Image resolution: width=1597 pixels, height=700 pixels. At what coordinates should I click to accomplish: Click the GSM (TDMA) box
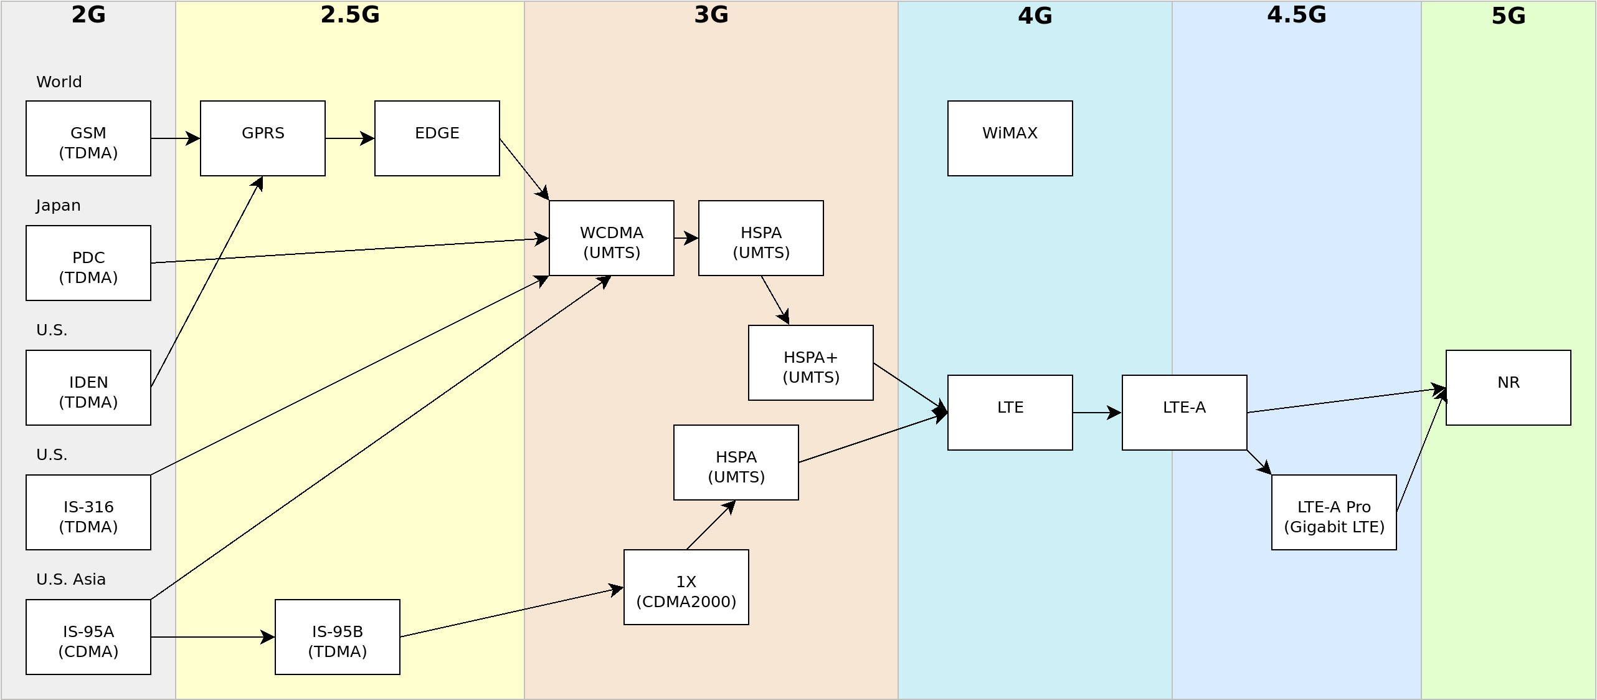pos(88,138)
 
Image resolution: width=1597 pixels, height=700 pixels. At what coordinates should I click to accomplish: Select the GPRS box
pos(262,138)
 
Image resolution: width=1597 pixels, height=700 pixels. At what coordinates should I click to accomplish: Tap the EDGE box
pos(437,138)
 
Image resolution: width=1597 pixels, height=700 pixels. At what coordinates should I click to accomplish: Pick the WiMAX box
pos(1010,138)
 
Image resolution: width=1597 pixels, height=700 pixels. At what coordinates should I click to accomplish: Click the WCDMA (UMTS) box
pos(611,238)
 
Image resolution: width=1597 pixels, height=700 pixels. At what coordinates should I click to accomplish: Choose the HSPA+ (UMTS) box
pos(810,363)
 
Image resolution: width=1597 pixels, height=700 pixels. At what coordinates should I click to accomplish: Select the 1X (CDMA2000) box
pos(686,587)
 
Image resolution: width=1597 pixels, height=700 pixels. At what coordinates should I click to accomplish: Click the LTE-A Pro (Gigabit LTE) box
pos(1334,512)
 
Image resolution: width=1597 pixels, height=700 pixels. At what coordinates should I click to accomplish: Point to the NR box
pos(1508,388)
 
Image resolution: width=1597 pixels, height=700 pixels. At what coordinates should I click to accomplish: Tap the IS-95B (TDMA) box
pos(337,637)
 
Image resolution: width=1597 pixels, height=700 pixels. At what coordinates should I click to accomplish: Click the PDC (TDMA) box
pos(88,263)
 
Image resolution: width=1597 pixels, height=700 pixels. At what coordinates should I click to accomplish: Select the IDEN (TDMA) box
pos(88,388)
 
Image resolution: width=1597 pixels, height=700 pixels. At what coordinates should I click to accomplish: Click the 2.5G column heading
pos(349,14)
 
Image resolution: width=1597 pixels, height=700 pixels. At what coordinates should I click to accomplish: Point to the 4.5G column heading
pos(1296,14)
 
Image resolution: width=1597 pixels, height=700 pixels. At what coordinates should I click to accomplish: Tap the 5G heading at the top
pos(1508,16)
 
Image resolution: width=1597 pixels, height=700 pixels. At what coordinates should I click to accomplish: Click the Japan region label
pos(58,206)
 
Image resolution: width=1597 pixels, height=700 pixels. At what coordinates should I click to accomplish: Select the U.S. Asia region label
pos(70,580)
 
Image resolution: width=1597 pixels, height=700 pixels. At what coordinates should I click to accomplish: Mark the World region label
pos(59,82)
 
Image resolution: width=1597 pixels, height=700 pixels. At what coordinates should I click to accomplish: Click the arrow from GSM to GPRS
pos(175,138)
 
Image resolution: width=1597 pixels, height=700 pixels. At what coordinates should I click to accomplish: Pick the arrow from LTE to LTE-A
pos(1097,413)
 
